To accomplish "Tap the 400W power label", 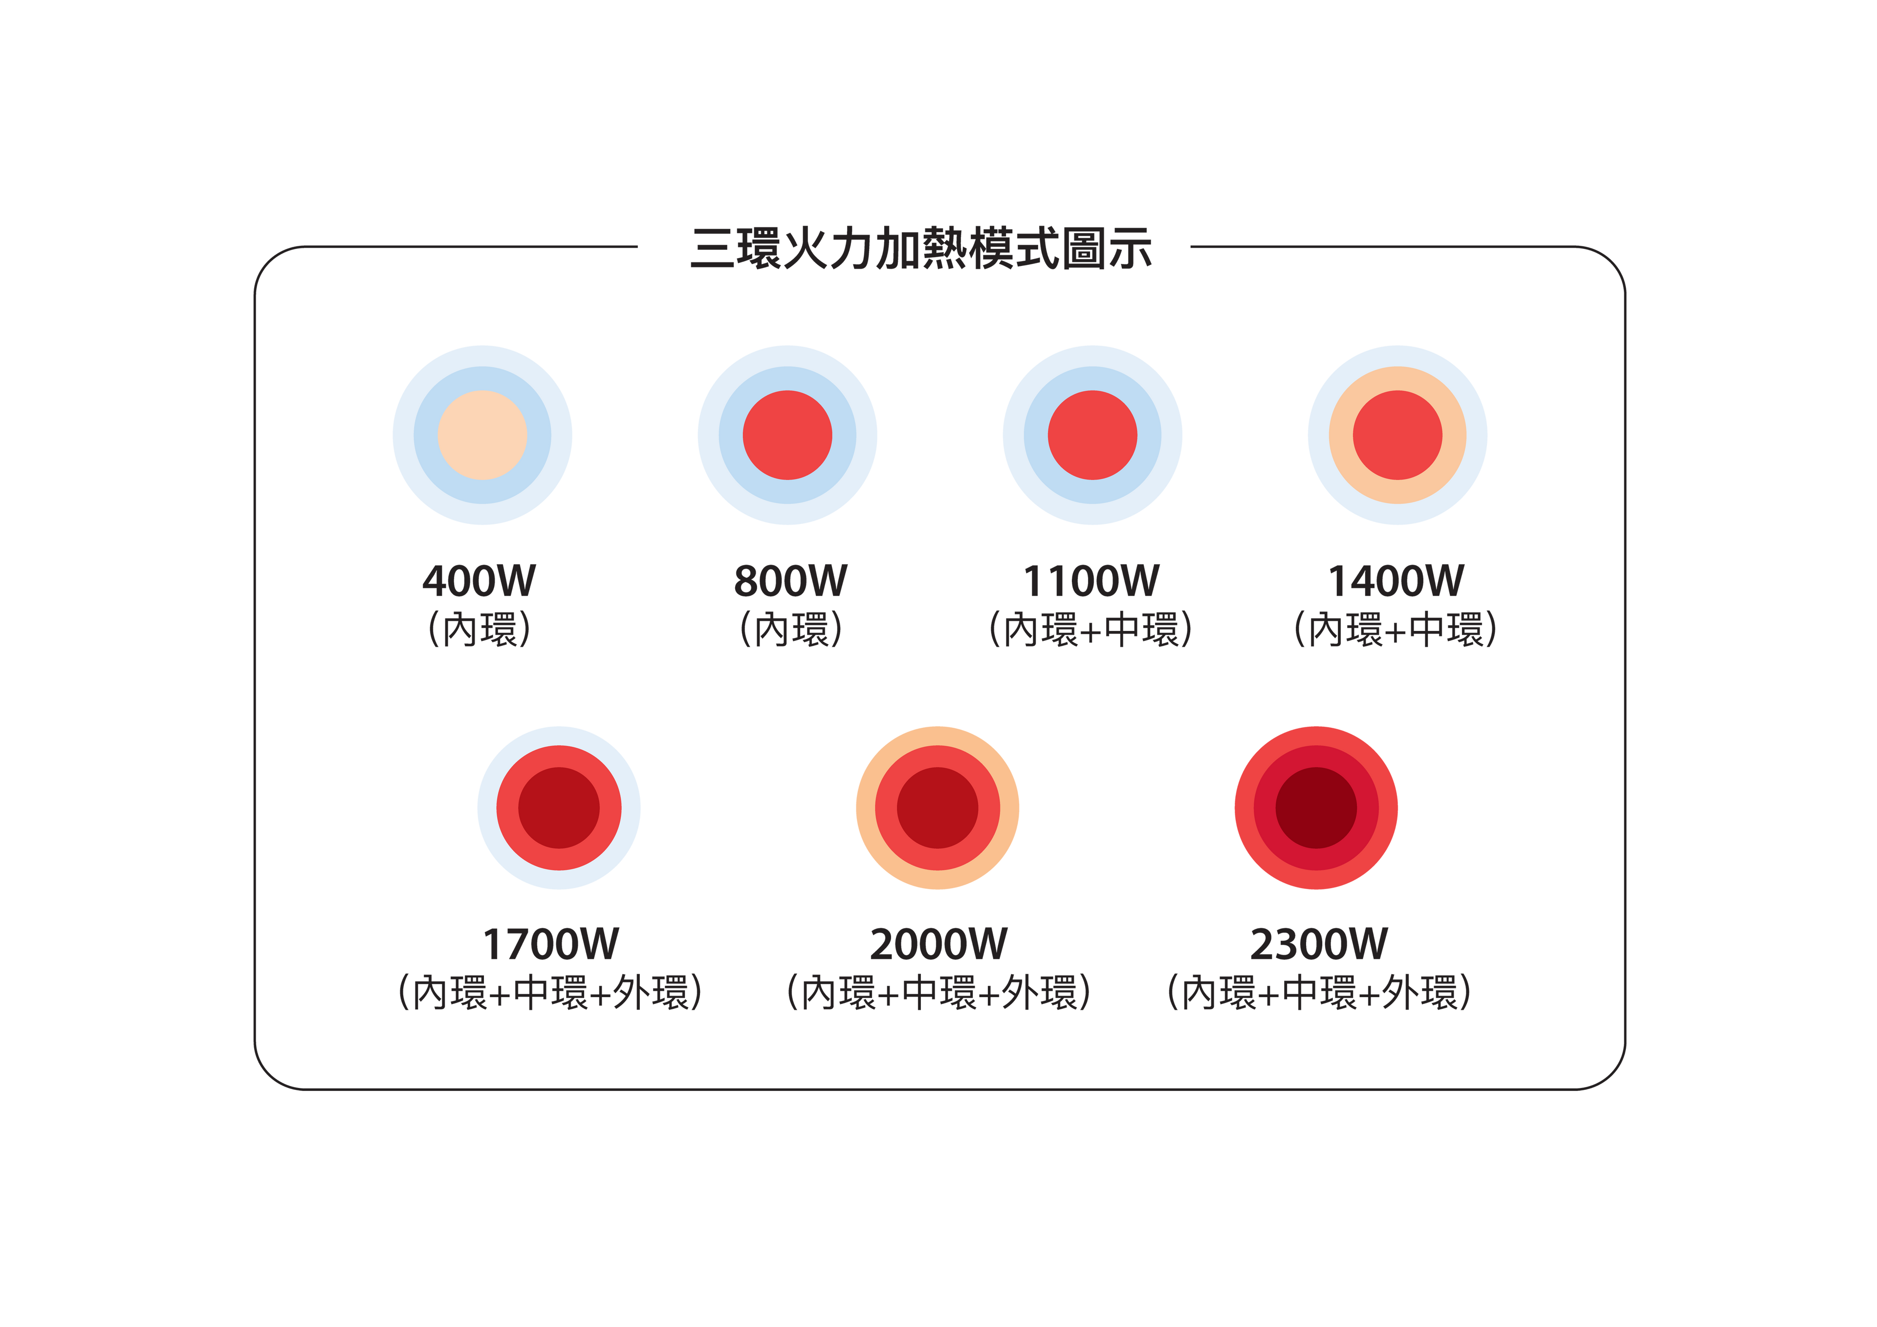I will (479, 581).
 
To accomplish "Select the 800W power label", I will (790, 581).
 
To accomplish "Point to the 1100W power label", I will (1091, 581).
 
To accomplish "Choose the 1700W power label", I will (551, 944).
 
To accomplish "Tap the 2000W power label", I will (938, 944).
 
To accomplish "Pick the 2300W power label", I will (1318, 944).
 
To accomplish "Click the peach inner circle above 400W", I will (482, 435).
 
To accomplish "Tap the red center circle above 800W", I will (787, 435).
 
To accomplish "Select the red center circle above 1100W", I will (1092, 435).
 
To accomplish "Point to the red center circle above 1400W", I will (1397, 435).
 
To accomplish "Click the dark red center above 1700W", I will (559, 808).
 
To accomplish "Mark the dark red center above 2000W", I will (938, 808).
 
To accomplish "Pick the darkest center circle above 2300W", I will (1316, 808).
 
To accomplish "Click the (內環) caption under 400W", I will (479, 630).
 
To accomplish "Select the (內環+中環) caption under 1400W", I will (1396, 630).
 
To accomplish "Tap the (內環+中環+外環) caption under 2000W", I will (938, 993).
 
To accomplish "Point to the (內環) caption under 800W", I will (790, 630).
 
